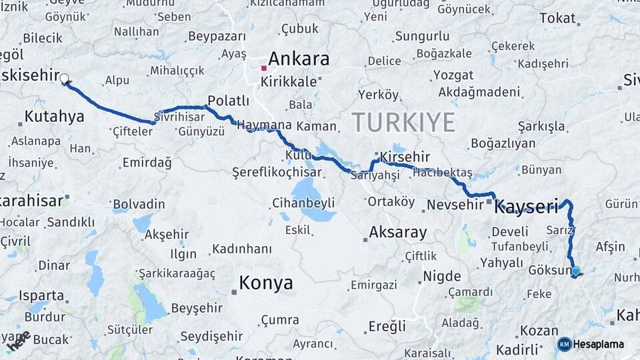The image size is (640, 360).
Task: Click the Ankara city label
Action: [x=299, y=59]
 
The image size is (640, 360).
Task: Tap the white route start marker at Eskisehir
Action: [x=65, y=79]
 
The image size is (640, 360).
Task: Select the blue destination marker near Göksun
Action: [x=575, y=271]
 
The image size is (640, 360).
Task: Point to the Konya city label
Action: [x=265, y=283]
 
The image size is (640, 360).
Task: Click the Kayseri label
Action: [x=526, y=207]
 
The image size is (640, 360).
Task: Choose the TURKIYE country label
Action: [x=403, y=122]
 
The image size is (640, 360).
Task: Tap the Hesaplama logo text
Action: [x=598, y=344]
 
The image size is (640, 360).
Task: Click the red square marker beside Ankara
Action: [x=264, y=68]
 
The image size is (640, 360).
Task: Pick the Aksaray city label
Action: [x=397, y=232]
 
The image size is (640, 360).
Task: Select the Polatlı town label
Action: [x=228, y=101]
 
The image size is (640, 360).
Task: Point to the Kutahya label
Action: [x=54, y=117]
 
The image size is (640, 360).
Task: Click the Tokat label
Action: [x=557, y=18]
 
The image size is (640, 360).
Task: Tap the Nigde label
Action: [x=442, y=276]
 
